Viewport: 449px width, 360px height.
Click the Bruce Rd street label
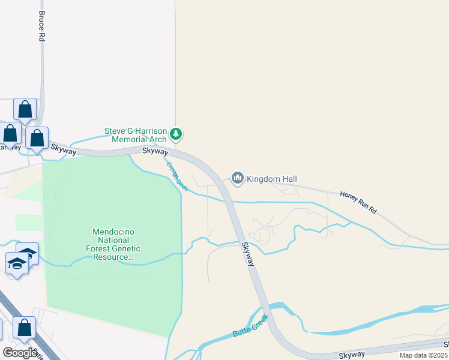[41, 25]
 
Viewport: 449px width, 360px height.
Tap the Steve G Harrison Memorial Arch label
[135, 135]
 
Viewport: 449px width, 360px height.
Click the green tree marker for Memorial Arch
[176, 133]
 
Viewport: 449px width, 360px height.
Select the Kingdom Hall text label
[271, 179]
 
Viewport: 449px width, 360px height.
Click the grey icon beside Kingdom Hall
[238, 178]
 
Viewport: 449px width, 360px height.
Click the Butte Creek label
[249, 327]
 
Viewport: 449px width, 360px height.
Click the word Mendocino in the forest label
[116, 232]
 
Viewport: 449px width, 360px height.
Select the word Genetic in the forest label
[124, 248]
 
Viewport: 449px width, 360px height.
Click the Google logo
[19, 353]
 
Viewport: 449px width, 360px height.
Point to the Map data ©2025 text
[423, 355]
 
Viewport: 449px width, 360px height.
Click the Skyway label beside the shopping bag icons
[63, 149]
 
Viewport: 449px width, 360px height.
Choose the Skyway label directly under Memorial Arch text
[155, 151]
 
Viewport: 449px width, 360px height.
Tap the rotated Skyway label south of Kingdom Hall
[249, 254]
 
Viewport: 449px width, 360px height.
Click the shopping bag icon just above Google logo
[24, 328]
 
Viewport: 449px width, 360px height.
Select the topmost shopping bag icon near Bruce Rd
[25, 110]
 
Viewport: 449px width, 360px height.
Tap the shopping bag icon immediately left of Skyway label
[37, 139]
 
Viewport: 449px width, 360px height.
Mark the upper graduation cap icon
[28, 253]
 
